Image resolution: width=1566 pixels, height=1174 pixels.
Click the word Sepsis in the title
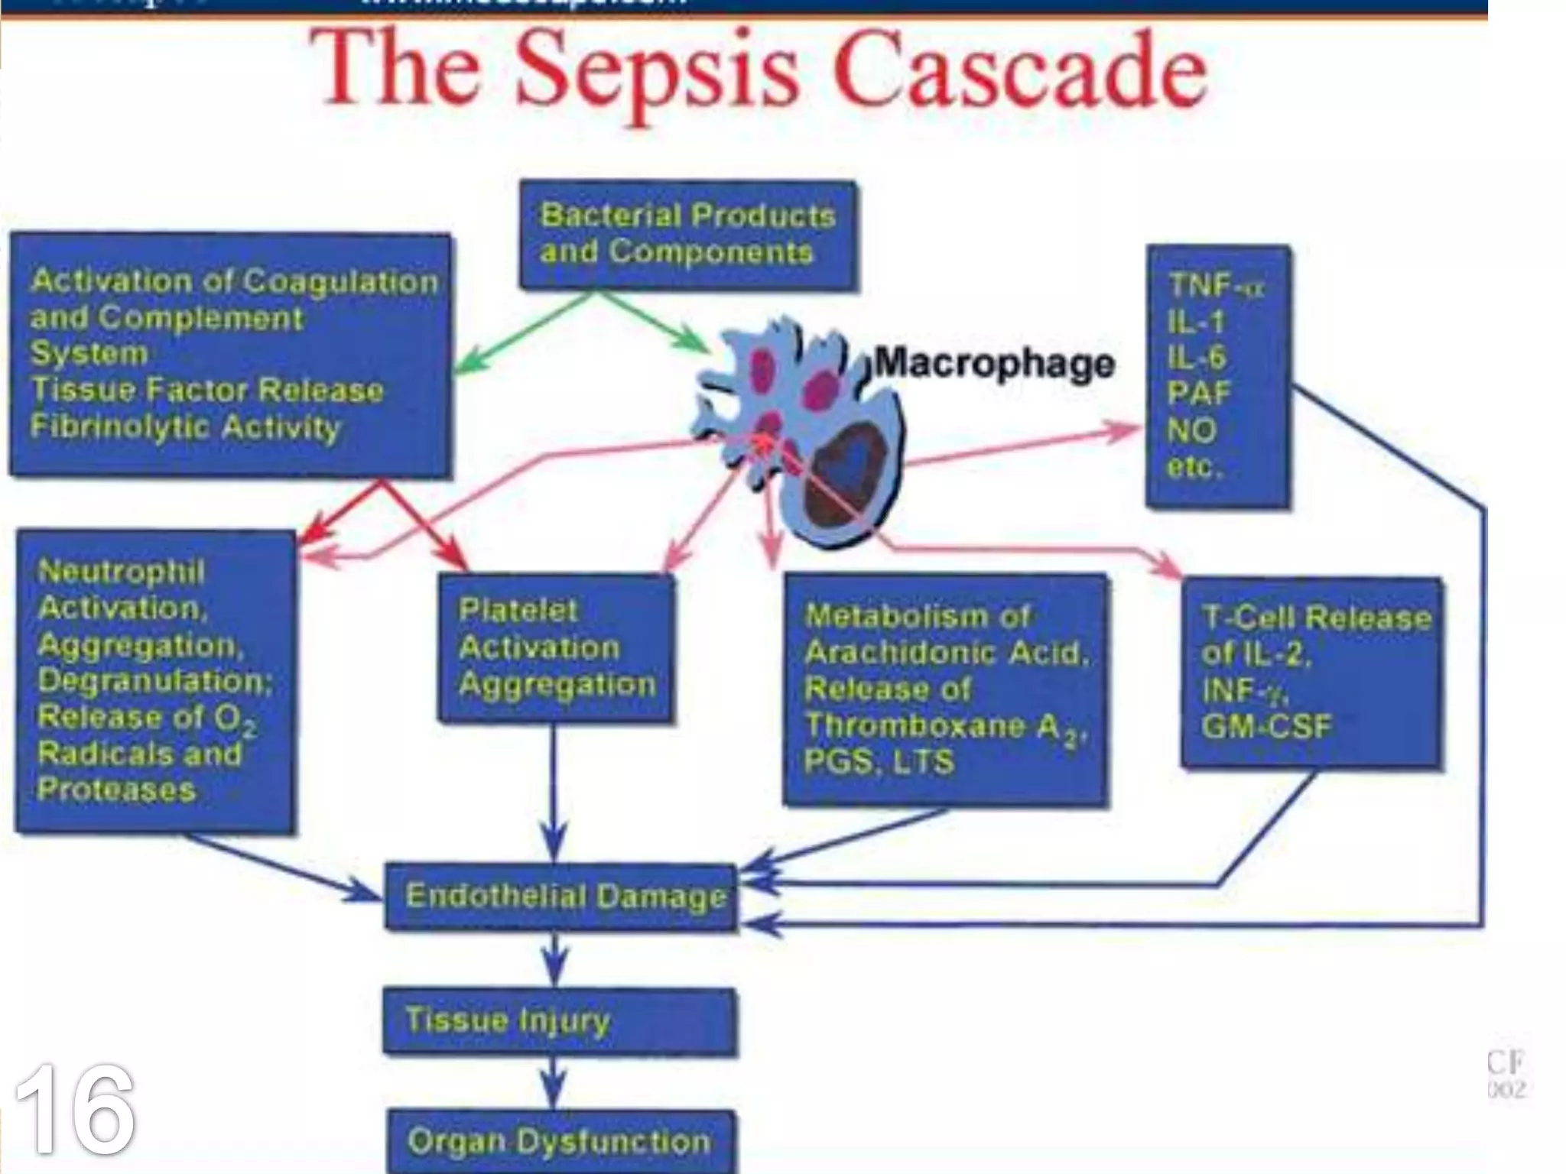point(658,73)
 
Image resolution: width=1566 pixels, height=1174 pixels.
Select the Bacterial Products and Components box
point(687,235)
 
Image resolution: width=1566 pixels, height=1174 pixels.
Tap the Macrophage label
point(995,363)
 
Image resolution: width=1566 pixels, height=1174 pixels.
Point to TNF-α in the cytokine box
point(1217,287)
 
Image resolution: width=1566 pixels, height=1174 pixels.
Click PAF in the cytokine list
point(1198,394)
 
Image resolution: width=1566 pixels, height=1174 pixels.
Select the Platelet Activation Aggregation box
point(557,648)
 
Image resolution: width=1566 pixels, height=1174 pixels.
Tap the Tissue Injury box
point(560,1021)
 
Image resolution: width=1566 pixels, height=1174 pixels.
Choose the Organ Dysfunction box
point(560,1141)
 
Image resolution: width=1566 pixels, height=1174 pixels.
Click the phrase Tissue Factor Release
point(207,391)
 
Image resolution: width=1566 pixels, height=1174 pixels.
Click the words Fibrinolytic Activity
point(185,426)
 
